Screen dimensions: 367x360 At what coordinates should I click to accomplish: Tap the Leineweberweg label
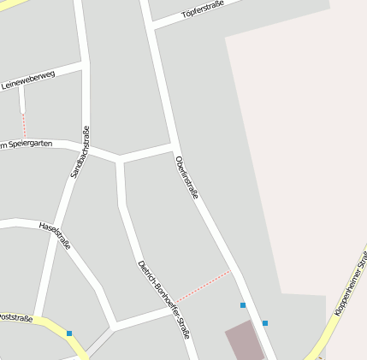pyautogui.click(x=28, y=80)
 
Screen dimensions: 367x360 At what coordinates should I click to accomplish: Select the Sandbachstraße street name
pyautogui.click(x=80, y=152)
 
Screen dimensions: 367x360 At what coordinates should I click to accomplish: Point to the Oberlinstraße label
pyautogui.click(x=186, y=178)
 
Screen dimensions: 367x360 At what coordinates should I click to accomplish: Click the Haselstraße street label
pyautogui.click(x=55, y=234)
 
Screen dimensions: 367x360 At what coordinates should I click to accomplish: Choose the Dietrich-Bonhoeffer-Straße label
pyautogui.click(x=163, y=298)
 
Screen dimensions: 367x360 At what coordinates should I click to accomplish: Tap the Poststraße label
pyautogui.click(x=15, y=317)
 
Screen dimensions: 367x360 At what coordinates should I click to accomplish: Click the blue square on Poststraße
pyautogui.click(x=69, y=333)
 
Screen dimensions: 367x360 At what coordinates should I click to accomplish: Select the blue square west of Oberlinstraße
pyautogui.click(x=243, y=305)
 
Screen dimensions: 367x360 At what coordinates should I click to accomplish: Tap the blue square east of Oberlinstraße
pyautogui.click(x=265, y=323)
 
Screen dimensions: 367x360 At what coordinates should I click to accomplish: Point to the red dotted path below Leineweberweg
pyautogui.click(x=23, y=124)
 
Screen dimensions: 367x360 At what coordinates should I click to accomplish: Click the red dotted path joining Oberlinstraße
pyautogui.click(x=204, y=286)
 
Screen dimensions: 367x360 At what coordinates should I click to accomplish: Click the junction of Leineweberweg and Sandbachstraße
pyautogui.click(x=86, y=62)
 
